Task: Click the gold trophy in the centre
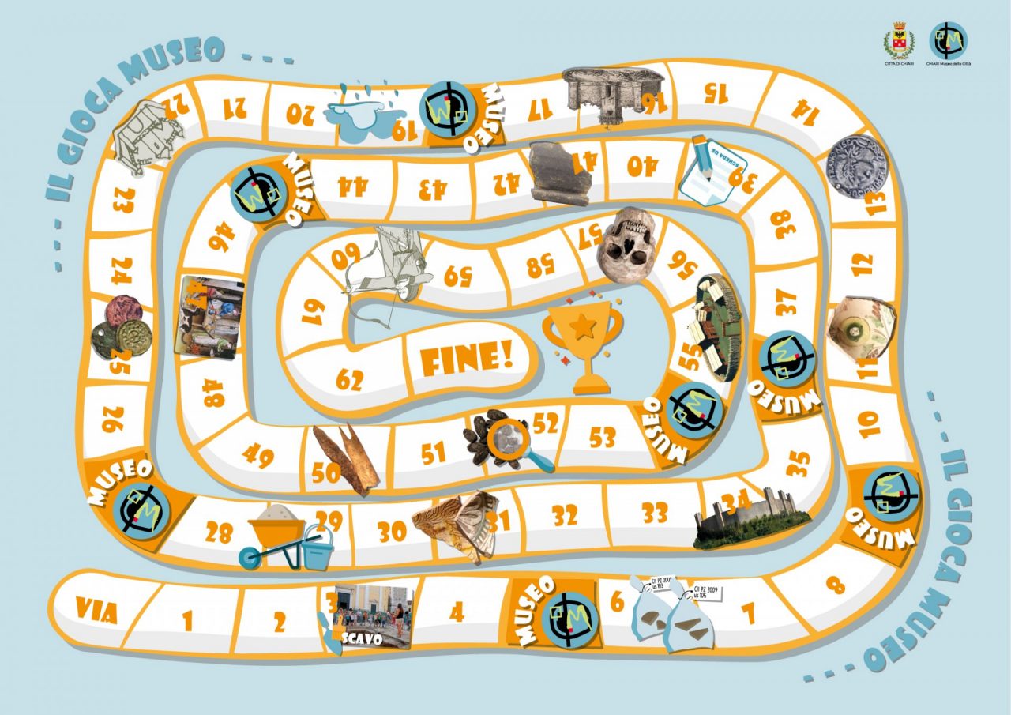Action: coord(583,344)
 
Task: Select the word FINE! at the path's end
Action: coord(467,360)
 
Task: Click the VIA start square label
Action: coord(96,611)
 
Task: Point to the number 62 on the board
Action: coord(349,380)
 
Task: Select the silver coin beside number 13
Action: coord(858,168)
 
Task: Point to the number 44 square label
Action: coord(351,186)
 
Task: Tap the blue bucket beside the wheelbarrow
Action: coord(318,547)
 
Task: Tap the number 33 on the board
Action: coord(655,514)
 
